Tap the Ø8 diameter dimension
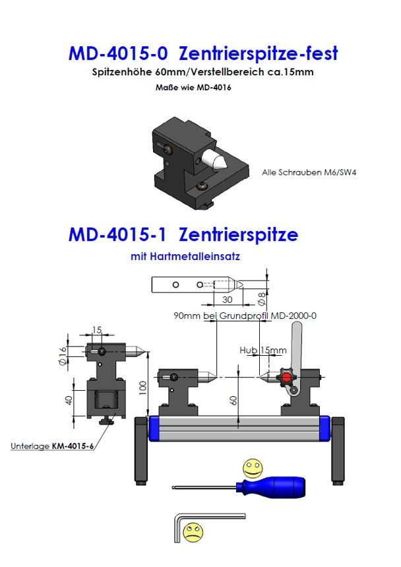[x=261, y=298]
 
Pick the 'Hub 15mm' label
[x=263, y=349]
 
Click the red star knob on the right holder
[x=286, y=378]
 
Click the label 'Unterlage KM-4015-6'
[x=52, y=446]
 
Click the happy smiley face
[x=251, y=468]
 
